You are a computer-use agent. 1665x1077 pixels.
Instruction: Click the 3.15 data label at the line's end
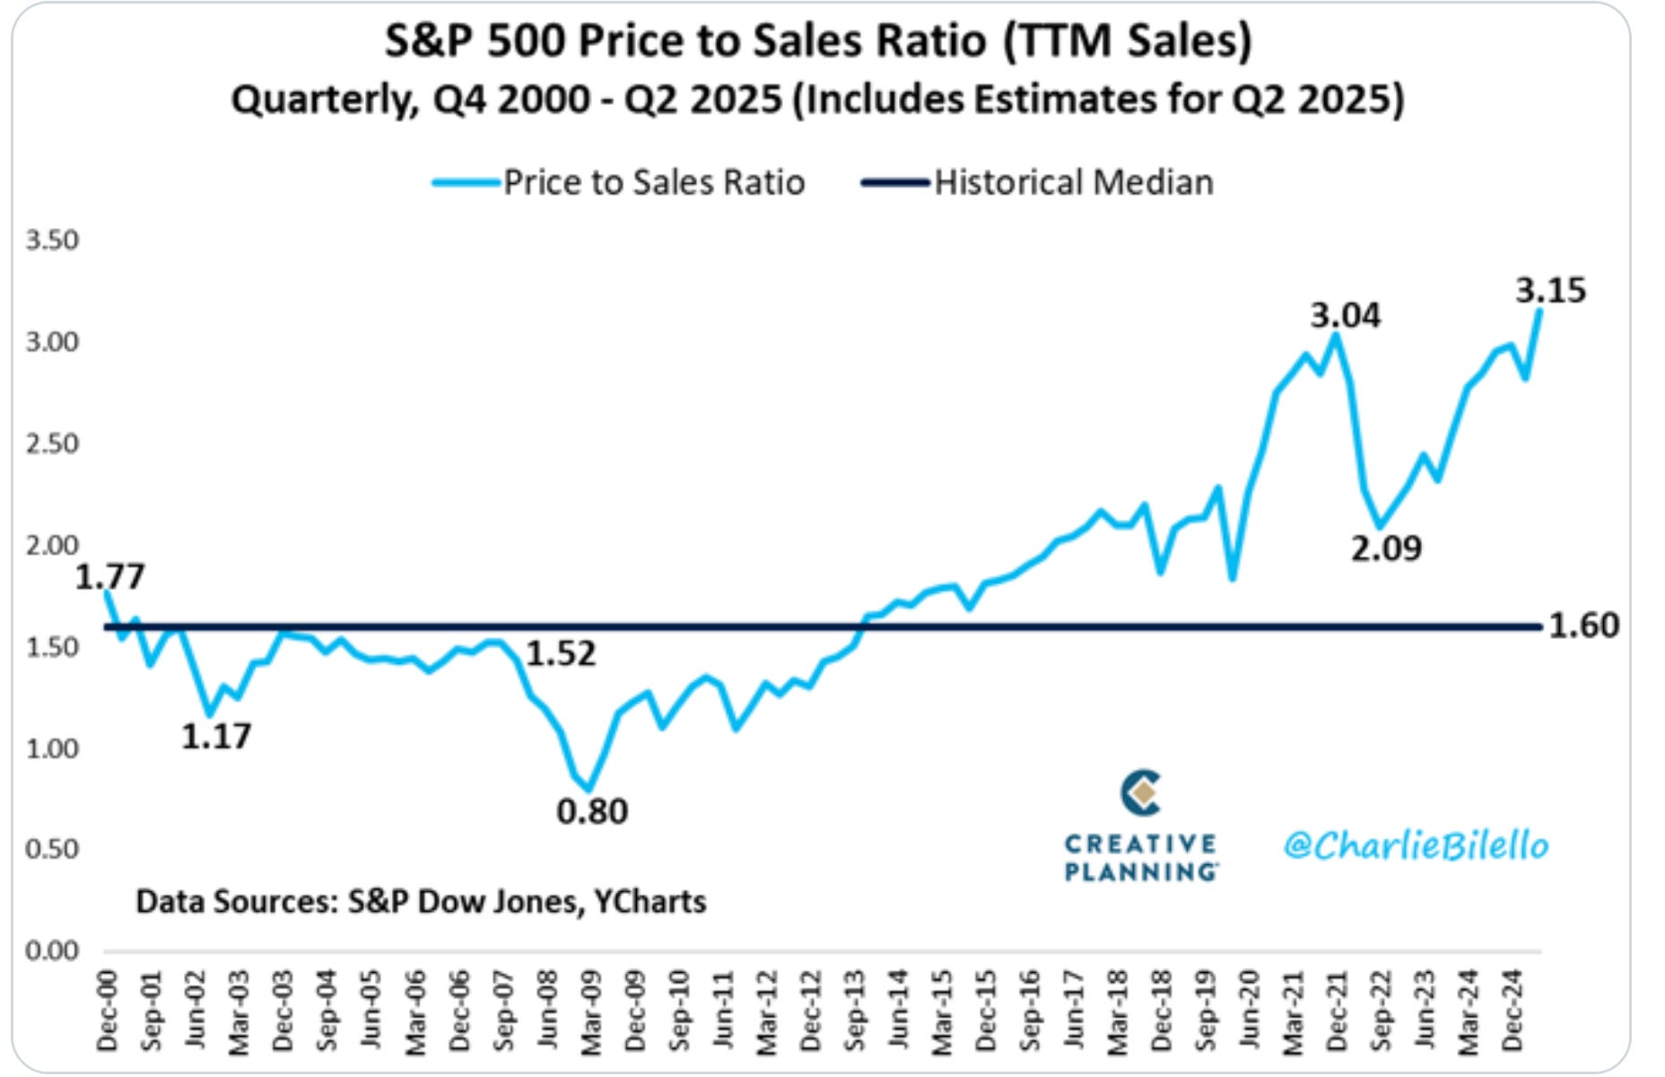[x=1550, y=291]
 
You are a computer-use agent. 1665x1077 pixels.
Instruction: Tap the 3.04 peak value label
[x=1345, y=316]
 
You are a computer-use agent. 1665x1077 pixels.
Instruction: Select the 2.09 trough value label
[x=1386, y=548]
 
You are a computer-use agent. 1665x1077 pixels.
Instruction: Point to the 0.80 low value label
[x=592, y=811]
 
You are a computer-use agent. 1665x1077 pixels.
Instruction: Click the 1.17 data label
[x=216, y=737]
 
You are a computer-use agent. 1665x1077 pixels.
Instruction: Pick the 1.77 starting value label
[x=109, y=577]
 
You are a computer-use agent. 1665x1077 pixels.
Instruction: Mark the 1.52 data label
[x=561, y=654]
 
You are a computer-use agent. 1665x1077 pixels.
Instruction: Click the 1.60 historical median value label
[x=1584, y=626]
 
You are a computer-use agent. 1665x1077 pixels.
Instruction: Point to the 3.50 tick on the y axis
[x=52, y=241]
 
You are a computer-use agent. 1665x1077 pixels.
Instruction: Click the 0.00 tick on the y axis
[x=52, y=950]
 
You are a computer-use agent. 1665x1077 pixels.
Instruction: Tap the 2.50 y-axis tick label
[x=52, y=443]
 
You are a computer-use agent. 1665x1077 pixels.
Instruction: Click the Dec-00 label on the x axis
[x=108, y=1011]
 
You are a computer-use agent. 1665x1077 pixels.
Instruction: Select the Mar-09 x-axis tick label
[x=591, y=1011]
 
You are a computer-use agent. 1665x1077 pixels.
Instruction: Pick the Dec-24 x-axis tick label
[x=1512, y=1011]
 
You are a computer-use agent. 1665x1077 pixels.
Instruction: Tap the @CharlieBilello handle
[x=1416, y=845]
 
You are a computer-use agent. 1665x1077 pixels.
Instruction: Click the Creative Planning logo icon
[x=1140, y=792]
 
